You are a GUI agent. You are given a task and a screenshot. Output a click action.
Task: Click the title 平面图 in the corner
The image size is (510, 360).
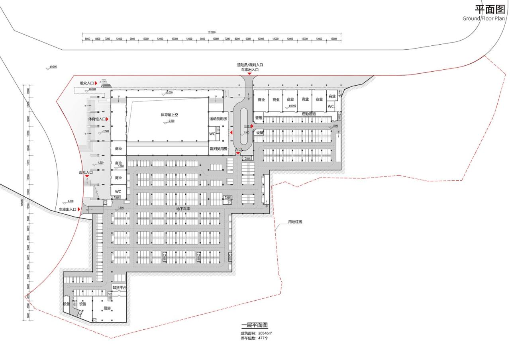490,9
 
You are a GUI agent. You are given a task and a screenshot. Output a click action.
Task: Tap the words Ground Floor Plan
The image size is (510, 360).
483,18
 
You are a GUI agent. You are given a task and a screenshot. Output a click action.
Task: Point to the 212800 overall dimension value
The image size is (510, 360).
212,32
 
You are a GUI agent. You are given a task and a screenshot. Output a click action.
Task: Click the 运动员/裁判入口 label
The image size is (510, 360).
250,65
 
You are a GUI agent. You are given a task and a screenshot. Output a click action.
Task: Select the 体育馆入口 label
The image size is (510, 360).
97,119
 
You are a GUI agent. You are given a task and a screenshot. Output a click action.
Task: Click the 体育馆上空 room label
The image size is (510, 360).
169,115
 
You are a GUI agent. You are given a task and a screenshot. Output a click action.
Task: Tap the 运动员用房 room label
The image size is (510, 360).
218,119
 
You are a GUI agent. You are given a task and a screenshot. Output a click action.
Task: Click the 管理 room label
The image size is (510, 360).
259,118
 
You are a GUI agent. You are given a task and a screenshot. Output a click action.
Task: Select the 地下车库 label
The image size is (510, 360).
184,208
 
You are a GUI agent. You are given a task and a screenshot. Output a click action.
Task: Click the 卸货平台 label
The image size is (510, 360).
119,288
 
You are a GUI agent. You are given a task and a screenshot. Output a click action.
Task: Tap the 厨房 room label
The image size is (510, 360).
106,308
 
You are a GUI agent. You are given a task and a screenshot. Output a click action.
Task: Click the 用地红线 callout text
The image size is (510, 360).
295,222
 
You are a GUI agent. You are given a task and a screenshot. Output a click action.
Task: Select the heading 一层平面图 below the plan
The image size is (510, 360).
255,325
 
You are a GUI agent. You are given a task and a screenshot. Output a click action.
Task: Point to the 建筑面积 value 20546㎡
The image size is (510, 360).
265,333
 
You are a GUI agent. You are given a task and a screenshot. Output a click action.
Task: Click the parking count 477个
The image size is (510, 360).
263,338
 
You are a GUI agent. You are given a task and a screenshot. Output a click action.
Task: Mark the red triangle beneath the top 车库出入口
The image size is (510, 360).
249,74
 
